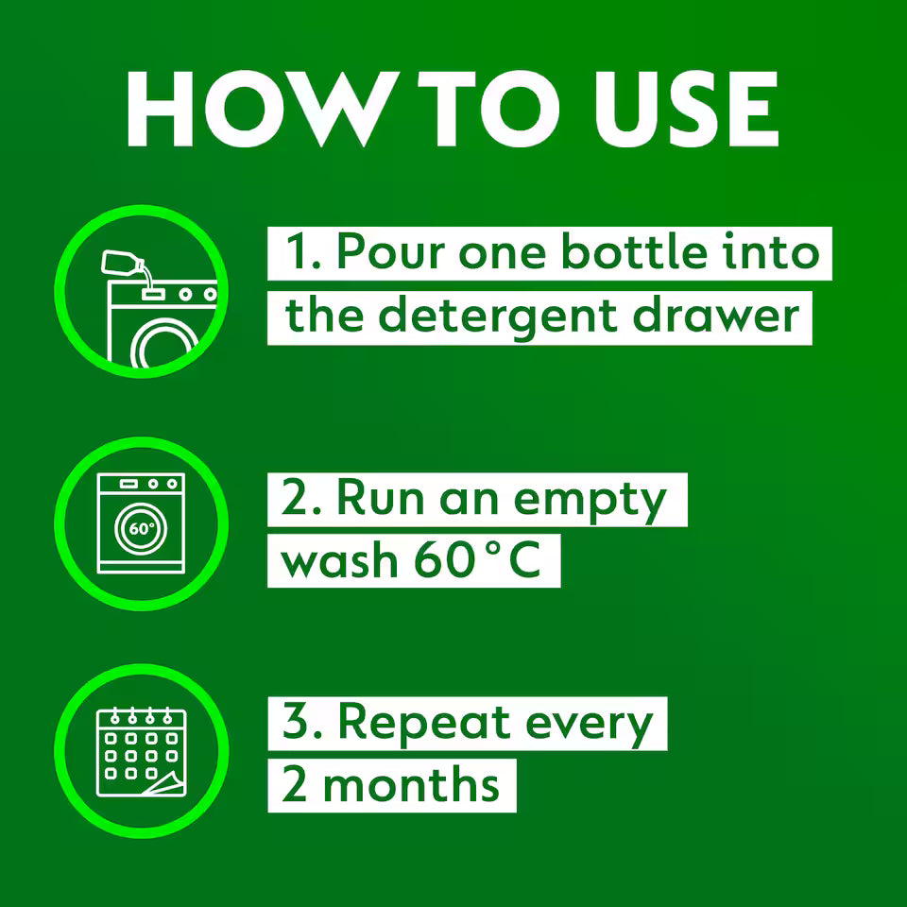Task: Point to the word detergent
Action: coord(499,316)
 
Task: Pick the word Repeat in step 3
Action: coord(420,723)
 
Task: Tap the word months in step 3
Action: coord(411,785)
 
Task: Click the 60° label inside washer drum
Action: coord(141,528)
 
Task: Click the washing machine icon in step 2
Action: coord(141,523)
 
